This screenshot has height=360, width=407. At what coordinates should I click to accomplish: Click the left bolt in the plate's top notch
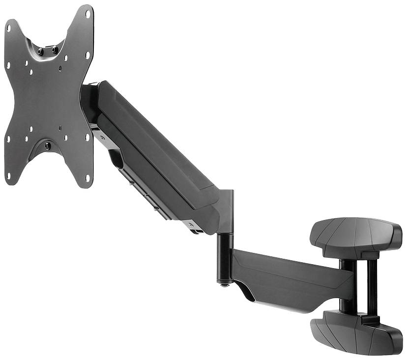[x=40, y=51]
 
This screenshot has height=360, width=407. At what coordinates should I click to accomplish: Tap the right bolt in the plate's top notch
[x=54, y=50]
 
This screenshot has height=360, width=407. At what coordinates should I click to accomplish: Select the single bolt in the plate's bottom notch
[x=48, y=146]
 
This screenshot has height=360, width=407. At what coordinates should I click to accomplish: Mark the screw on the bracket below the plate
[x=102, y=138]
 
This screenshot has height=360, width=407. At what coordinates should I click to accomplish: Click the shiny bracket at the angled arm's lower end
[x=194, y=226]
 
